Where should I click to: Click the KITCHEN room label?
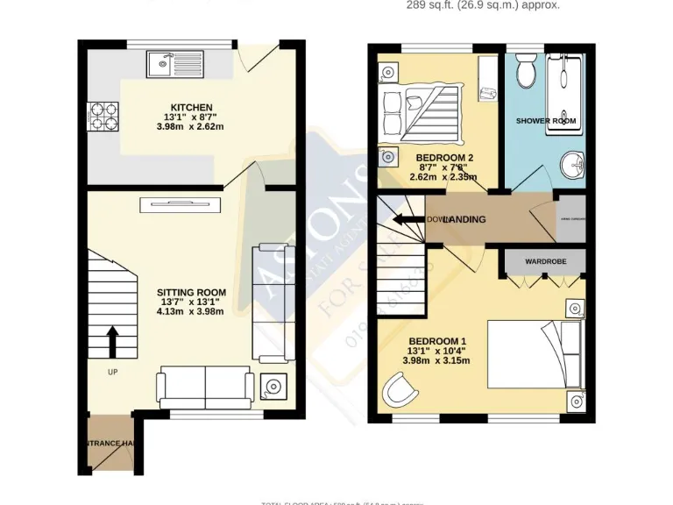coord(190,108)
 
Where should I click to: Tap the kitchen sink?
coord(176,63)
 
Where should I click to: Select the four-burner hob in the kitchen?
coord(98,115)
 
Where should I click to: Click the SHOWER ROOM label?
coord(545,120)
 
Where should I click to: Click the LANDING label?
coord(464,219)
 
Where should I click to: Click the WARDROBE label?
coord(545,261)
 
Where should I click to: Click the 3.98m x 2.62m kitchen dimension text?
coord(190,126)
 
